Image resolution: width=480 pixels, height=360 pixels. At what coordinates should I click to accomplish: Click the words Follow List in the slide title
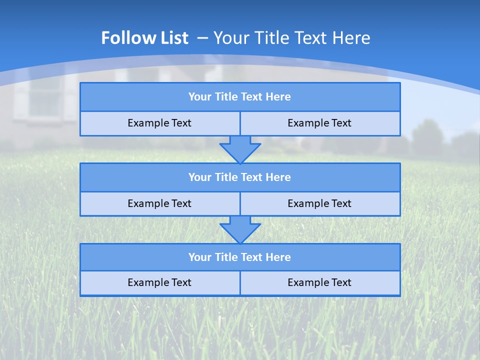point(144,38)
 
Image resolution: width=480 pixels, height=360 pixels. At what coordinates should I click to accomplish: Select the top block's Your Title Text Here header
point(239,97)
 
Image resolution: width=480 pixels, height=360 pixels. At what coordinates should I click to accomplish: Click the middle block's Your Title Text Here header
point(239,177)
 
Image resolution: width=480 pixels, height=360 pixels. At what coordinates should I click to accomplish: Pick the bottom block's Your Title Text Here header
point(239,257)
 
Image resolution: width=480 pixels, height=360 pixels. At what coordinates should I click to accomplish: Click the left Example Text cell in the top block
point(159,123)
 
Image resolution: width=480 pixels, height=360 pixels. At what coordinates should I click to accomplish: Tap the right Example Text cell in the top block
point(319,123)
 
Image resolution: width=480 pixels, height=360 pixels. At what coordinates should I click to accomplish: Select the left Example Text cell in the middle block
point(159,203)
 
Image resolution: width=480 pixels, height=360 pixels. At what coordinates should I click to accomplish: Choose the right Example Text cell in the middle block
point(319,203)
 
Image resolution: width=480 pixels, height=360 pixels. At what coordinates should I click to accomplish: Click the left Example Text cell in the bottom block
point(159,282)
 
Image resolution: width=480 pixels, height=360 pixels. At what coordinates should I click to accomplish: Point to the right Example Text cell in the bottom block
point(319,282)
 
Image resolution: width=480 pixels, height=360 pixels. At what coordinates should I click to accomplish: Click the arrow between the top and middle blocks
point(240,149)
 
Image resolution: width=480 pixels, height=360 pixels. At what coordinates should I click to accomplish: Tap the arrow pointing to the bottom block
point(240,229)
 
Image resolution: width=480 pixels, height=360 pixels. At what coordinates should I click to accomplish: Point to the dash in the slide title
point(202,38)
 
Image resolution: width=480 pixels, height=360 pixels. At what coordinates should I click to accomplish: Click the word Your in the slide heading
point(231,38)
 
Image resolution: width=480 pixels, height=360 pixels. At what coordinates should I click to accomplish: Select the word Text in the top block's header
point(252,97)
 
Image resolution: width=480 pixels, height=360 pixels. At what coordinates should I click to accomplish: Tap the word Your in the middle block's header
point(199,177)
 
